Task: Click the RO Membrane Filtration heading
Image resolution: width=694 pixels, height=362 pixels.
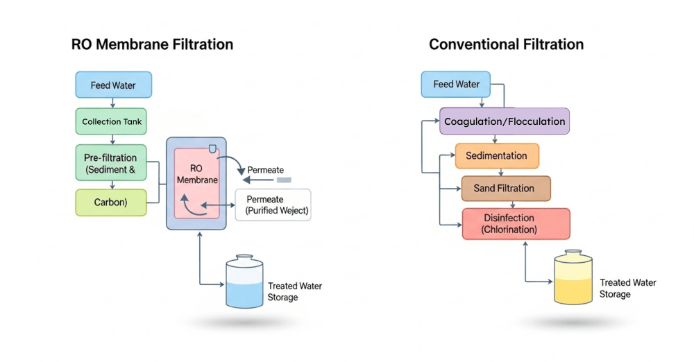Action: coord(152,44)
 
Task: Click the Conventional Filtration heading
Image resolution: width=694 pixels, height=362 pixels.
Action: coord(506,44)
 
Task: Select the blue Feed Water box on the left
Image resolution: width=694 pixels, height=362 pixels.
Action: coord(113,85)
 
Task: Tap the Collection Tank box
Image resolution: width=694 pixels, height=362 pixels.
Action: coord(112,121)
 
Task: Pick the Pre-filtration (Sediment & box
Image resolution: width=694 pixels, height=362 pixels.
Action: coord(111,163)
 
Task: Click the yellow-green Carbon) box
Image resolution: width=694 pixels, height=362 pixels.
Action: coord(111,202)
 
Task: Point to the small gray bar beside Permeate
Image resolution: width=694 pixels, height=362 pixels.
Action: coord(284,180)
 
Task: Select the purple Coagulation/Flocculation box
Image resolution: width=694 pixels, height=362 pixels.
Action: coord(505,121)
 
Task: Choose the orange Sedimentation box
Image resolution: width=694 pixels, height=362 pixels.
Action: coord(497,155)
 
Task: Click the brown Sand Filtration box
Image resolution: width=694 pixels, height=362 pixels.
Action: coord(505,188)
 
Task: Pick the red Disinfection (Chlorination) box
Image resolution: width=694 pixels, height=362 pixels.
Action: coord(516,224)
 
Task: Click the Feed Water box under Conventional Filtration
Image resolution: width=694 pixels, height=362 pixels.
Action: coord(456,84)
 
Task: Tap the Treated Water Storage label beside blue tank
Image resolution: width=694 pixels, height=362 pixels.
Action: coord(294,291)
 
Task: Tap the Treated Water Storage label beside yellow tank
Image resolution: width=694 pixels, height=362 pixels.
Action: coord(627,288)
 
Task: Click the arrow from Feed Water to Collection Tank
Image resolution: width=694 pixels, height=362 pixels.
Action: coord(112,103)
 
